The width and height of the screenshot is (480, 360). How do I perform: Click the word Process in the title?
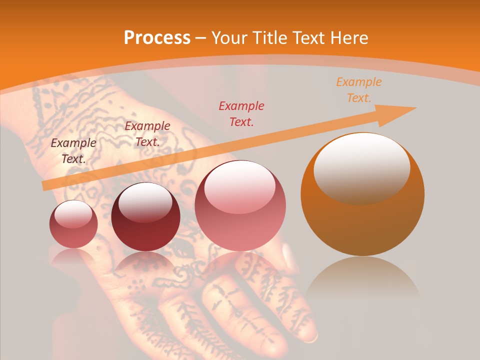tap(157, 37)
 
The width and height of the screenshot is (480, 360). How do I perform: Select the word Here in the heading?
tap(349, 37)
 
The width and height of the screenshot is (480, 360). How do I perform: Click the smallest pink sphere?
tap(73, 224)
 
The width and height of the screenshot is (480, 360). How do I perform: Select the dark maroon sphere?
tap(145, 217)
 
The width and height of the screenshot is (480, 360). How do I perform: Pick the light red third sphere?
tap(240, 205)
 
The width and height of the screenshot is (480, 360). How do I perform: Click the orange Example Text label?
tap(358, 90)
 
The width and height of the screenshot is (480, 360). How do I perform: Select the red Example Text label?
tap(241, 113)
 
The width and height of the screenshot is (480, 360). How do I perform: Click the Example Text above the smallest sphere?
tap(73, 150)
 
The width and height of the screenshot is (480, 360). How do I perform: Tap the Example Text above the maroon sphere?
tap(147, 133)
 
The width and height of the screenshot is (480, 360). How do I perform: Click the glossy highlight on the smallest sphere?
tap(73, 214)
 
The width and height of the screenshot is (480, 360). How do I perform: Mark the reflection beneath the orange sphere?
tap(362, 280)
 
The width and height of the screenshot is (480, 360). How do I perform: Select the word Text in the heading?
tap(310, 37)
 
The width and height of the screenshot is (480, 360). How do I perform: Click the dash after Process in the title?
tap(200, 38)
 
